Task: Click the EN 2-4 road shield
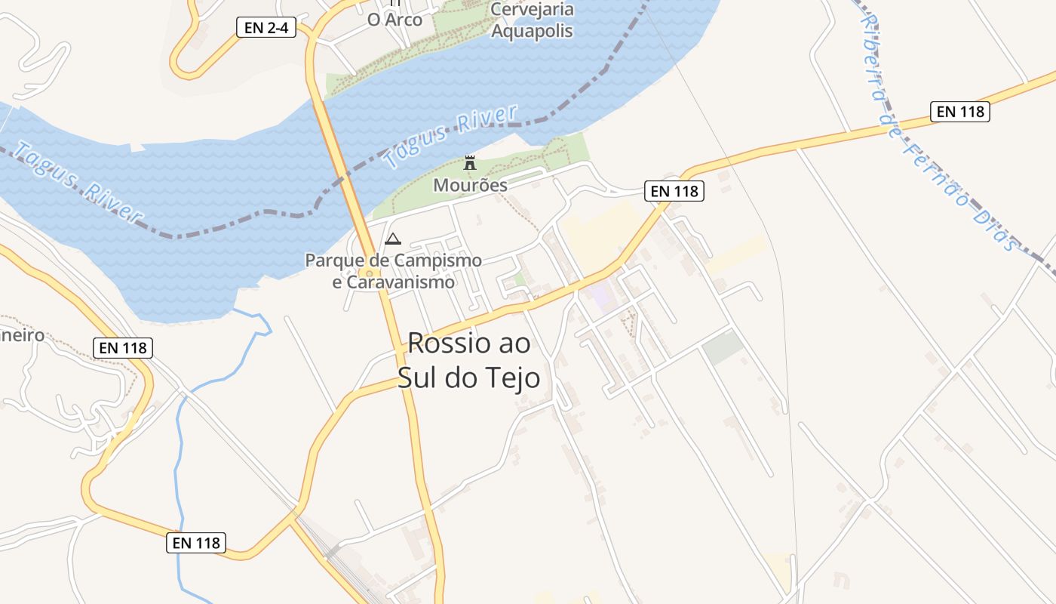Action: (266, 28)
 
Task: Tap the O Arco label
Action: (394, 20)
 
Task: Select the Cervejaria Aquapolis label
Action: (532, 20)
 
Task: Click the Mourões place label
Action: (470, 185)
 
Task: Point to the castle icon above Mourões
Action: (470, 162)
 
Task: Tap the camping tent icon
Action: (392, 239)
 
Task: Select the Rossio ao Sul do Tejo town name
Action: (469, 359)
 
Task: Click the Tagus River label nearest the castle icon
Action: (450, 136)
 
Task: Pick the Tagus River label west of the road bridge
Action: (78, 183)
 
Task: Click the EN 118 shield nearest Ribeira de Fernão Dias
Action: (959, 112)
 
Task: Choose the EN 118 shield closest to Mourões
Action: (674, 191)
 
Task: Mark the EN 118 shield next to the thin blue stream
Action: (196, 542)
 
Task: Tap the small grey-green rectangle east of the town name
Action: (723, 347)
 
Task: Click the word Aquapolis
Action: (532, 31)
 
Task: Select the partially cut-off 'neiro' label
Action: (23, 335)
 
